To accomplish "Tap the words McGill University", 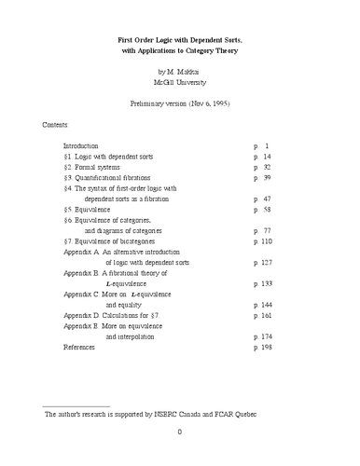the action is point(179,82).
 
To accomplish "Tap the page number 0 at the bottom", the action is point(180,457).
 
